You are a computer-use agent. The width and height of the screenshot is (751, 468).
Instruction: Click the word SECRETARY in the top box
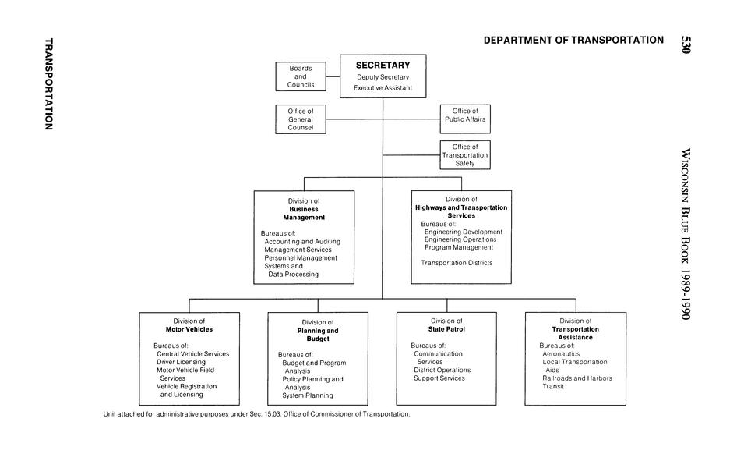point(383,65)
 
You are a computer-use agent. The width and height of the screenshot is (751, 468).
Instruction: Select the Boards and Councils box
point(301,76)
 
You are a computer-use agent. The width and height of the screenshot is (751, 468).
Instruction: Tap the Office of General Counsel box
point(301,119)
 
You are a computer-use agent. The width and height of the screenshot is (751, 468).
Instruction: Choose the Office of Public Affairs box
point(465,115)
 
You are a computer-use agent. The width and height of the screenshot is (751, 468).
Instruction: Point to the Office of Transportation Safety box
point(465,154)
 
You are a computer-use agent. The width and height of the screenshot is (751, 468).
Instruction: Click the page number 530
point(686,44)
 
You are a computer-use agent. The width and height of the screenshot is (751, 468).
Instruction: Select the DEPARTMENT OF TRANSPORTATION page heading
point(573,40)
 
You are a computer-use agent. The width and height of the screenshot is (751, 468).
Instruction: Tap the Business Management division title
point(304,213)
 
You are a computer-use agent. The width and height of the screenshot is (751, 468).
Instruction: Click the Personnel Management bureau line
point(301,257)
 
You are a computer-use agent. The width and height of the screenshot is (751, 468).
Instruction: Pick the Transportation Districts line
point(457,263)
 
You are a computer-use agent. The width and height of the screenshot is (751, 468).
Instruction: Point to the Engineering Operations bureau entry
point(460,239)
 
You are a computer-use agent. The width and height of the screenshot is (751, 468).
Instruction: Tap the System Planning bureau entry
point(307,395)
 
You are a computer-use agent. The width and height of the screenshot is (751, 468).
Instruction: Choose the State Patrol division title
point(446,329)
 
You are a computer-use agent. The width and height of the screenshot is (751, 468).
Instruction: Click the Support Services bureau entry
point(439,378)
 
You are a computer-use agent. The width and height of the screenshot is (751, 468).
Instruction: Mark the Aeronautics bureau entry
point(561,353)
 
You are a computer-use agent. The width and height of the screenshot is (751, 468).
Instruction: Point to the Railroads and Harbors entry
point(577,378)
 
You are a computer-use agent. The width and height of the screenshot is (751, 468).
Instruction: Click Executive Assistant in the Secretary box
point(383,88)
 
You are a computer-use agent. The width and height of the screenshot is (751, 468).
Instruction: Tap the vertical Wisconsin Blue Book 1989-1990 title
point(686,234)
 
